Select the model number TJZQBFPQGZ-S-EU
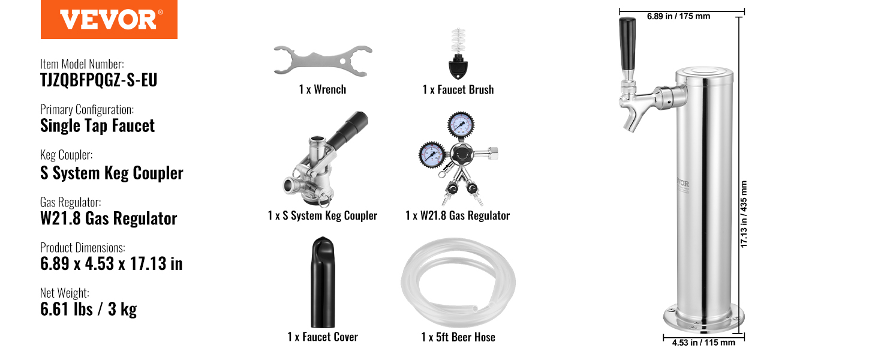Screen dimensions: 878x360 [x=99, y=80]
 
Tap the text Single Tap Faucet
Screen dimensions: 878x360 [x=97, y=126]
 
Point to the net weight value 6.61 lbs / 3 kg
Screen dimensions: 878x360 [x=89, y=309]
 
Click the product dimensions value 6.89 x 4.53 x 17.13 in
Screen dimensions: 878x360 [x=112, y=263]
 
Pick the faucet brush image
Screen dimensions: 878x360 [x=458, y=54]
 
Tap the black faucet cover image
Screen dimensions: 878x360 [x=323, y=282]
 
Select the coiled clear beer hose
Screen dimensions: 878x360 [x=458, y=283]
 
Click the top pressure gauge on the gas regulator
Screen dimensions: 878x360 [x=461, y=125]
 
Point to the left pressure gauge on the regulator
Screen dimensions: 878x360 [x=432, y=154]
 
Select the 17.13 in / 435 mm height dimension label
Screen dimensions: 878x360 [x=744, y=214]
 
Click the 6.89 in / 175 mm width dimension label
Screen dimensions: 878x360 [x=678, y=16]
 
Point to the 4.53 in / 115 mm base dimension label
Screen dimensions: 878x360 [x=703, y=343]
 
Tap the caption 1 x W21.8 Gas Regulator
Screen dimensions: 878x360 [x=458, y=215]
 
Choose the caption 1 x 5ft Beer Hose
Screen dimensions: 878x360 [x=458, y=337]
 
